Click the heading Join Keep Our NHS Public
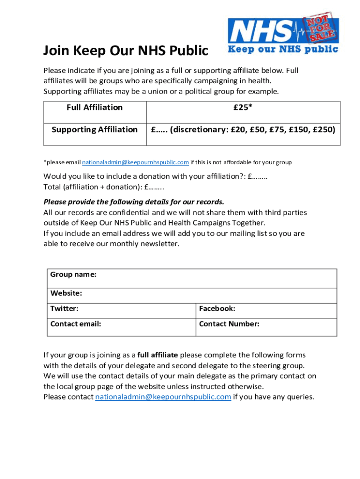[x=125, y=51]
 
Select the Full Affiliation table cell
[x=94, y=108]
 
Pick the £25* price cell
[x=243, y=108]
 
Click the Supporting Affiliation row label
[x=94, y=130]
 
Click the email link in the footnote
[x=136, y=162]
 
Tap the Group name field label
[x=73, y=275]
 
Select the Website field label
[x=66, y=293]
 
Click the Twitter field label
[x=65, y=309]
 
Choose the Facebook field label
[x=217, y=309]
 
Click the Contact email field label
[x=76, y=324]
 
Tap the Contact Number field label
[x=229, y=324]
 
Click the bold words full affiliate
[x=158, y=355]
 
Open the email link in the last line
[x=163, y=397]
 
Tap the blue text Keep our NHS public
[x=283, y=49]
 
